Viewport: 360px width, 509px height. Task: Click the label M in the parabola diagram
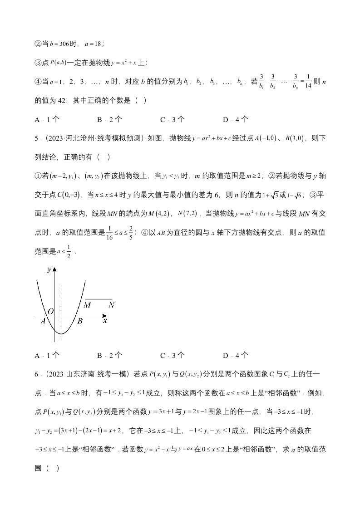(88, 305)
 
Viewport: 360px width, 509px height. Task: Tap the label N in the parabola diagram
(111, 305)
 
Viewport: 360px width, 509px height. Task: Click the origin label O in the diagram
(50, 311)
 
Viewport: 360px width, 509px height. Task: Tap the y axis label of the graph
(49, 269)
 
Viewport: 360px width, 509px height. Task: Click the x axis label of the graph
(105, 320)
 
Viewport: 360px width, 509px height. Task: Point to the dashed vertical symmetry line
(61, 299)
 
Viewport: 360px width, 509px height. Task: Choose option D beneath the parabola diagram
(236, 355)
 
